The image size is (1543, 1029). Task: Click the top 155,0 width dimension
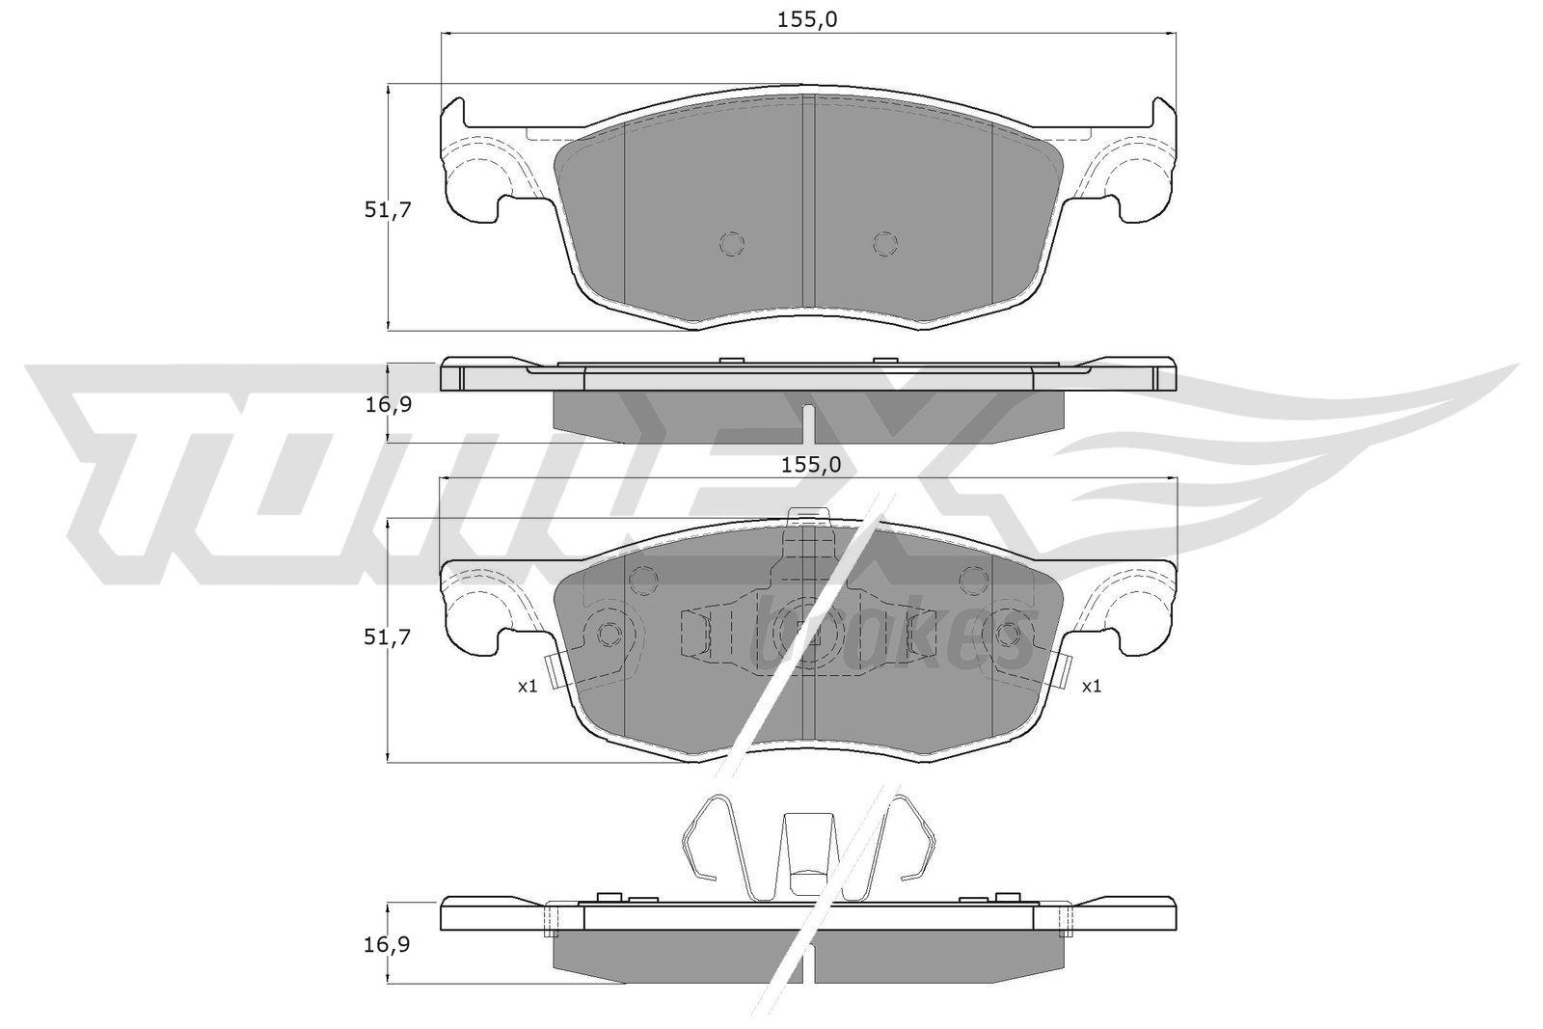point(807,20)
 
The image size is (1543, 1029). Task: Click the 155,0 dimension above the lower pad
point(811,467)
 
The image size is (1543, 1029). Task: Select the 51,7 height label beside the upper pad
point(387,210)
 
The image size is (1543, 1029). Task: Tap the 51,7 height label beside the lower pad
point(387,637)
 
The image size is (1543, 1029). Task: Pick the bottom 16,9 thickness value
point(387,946)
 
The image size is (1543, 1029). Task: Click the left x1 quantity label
point(528,687)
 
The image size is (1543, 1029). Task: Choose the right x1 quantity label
point(1092,687)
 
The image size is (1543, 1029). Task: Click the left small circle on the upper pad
point(732,243)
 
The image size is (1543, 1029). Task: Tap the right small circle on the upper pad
point(886,243)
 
